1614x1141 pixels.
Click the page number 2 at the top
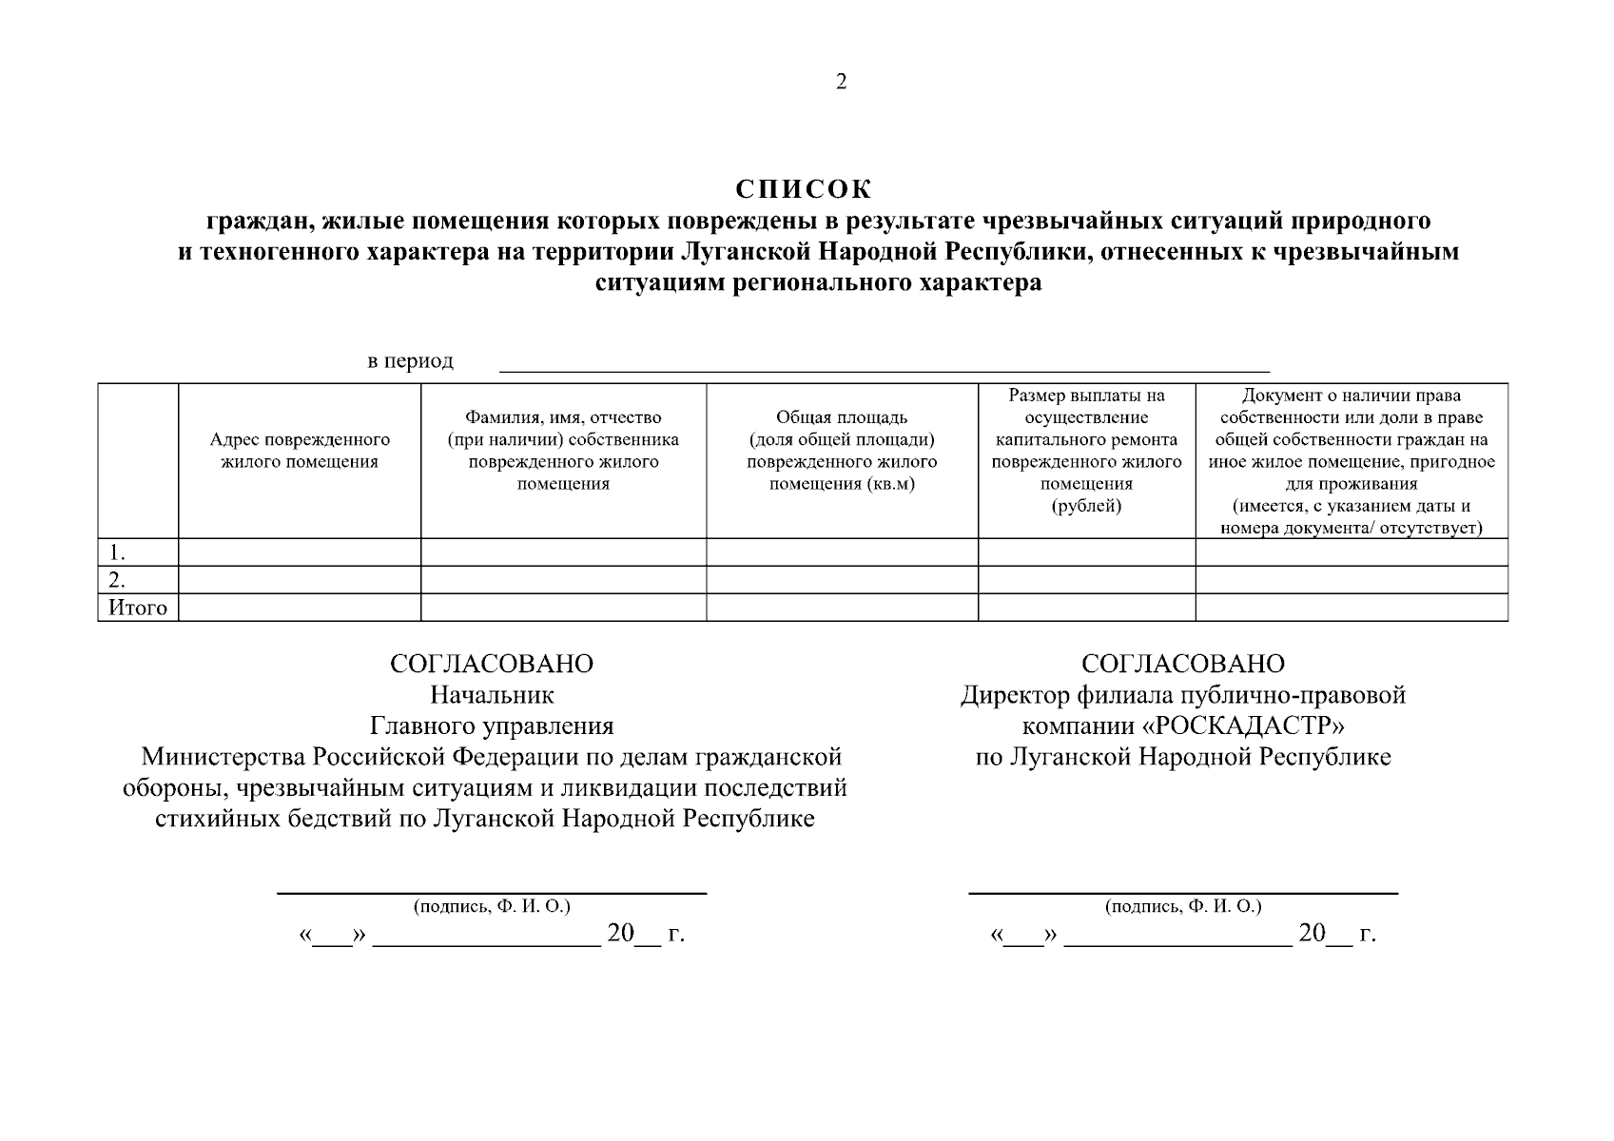841,82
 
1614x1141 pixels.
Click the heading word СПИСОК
804,189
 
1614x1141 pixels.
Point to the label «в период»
411,361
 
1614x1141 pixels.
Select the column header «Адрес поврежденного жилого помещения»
300,452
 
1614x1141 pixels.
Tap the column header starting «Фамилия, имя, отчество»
563,451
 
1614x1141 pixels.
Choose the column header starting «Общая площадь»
842,451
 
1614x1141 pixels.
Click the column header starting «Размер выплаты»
1086,451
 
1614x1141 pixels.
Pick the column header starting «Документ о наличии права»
1351,461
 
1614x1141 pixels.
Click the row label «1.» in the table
118,552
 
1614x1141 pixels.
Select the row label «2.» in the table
118,580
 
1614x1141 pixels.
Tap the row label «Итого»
138,608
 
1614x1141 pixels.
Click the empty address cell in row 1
300,552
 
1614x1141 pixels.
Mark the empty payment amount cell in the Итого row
1086,608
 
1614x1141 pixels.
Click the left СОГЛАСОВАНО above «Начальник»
492,664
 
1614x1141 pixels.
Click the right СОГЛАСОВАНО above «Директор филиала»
1182,664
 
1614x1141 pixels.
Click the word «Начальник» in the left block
492,695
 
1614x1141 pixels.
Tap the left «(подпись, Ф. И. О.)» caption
492,906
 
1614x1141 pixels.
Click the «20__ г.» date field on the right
1336,934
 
